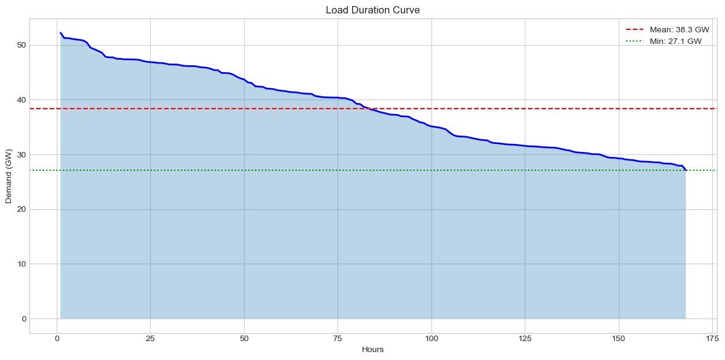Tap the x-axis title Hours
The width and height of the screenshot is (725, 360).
point(373,350)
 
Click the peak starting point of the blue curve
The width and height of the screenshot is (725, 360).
point(60,33)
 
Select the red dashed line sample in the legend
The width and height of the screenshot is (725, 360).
point(636,29)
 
